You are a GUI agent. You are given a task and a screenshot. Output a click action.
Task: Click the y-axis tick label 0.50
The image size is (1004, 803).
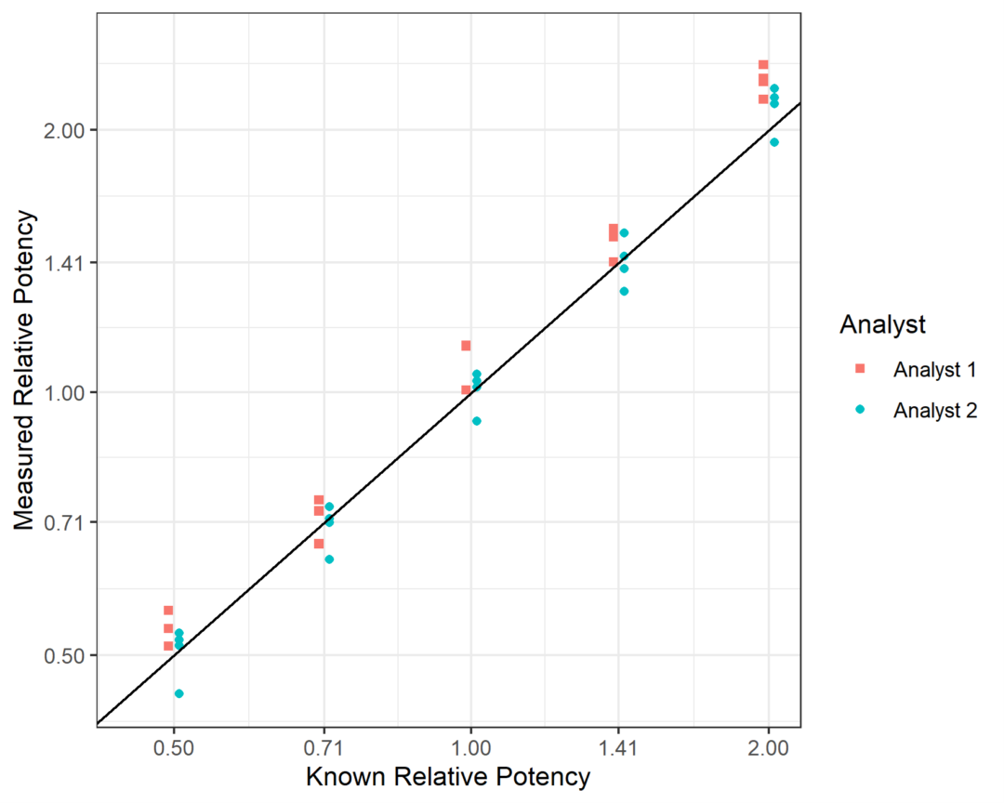click(x=64, y=655)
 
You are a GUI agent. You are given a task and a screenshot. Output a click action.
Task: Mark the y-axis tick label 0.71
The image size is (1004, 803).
click(x=64, y=522)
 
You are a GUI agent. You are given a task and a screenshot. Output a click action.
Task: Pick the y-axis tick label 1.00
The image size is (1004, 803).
click(x=64, y=392)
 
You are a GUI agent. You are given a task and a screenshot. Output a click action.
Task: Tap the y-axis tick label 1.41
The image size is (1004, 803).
click(x=64, y=262)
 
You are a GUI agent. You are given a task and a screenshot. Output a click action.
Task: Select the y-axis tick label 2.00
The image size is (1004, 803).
click(x=64, y=130)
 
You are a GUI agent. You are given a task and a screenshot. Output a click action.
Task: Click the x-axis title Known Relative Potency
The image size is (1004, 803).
click(x=448, y=777)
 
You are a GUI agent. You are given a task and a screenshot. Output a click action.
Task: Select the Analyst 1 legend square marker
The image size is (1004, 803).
click(x=860, y=369)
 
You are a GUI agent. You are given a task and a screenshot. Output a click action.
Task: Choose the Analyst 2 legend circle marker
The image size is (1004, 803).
click(x=860, y=410)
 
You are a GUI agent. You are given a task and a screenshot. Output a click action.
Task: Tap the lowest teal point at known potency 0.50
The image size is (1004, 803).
click(x=179, y=693)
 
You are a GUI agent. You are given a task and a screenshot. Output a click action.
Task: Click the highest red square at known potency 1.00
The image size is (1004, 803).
click(x=466, y=346)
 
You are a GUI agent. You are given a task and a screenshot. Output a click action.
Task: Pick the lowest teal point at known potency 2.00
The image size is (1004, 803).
click(x=774, y=142)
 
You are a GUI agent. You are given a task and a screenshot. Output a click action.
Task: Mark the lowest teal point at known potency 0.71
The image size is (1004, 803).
click(x=329, y=559)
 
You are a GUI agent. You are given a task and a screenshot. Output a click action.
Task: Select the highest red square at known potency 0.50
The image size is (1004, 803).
click(x=168, y=611)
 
